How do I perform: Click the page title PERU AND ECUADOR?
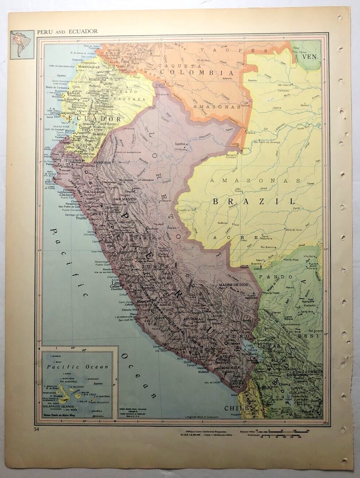click(x=67, y=31)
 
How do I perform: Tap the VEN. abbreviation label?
click(x=310, y=57)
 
